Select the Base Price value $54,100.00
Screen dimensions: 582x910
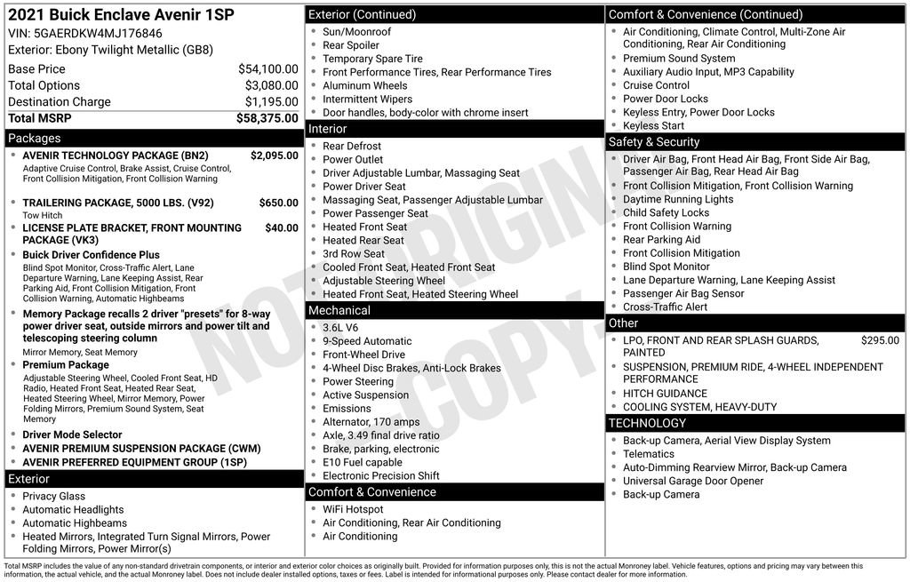click(267, 68)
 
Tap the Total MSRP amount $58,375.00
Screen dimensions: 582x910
click(267, 118)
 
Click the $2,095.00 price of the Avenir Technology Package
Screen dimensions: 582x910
click(274, 155)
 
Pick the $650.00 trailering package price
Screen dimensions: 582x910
click(278, 203)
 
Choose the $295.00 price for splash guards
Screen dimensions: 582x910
click(880, 340)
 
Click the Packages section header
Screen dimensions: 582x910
click(35, 139)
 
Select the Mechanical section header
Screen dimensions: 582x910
click(339, 310)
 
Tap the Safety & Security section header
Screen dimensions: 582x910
click(654, 142)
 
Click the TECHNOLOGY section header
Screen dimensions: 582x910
click(648, 423)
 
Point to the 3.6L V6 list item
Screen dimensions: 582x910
click(340, 328)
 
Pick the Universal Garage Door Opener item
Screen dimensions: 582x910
click(693, 481)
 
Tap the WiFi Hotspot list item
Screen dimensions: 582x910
click(353, 509)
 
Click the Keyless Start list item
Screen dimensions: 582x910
click(653, 126)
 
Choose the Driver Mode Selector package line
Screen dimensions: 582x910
click(73, 435)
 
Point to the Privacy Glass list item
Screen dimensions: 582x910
click(54, 496)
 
